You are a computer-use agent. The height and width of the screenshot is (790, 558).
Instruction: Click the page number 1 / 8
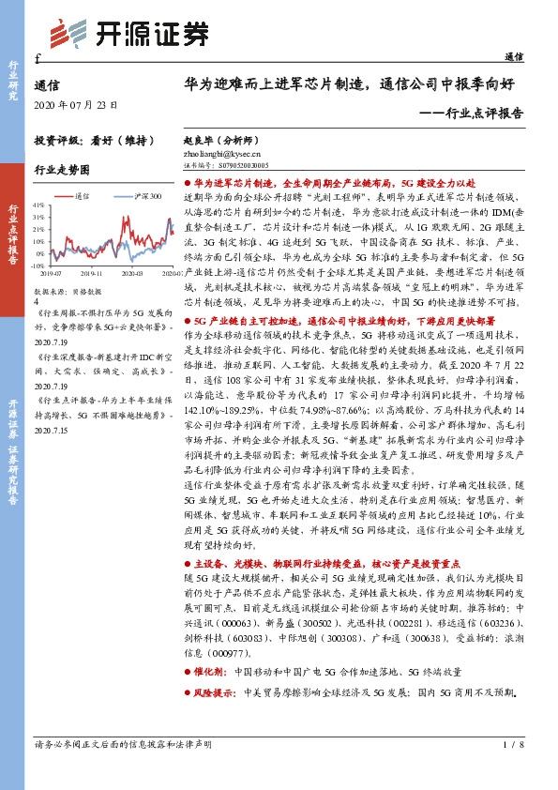pyautogui.click(x=511, y=770)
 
